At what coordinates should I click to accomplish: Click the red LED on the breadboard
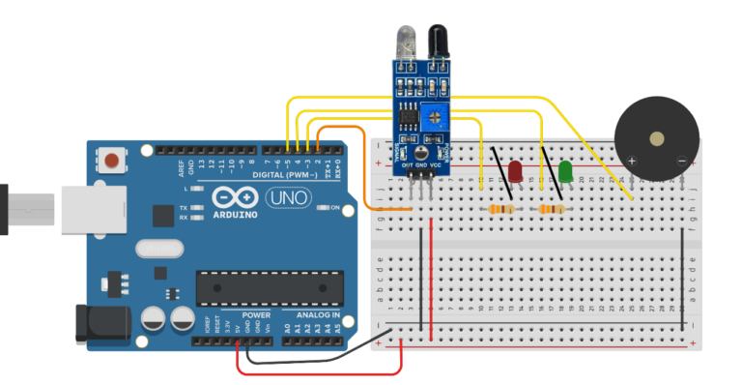point(516,172)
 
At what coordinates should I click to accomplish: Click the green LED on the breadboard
point(565,172)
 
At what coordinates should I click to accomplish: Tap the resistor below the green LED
point(553,209)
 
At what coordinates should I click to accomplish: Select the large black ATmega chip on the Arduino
point(270,286)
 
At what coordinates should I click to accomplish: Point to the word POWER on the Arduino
point(256,316)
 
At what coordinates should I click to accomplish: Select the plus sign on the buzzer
point(633,160)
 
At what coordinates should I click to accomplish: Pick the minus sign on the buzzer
point(681,160)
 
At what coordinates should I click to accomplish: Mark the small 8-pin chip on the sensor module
point(411,116)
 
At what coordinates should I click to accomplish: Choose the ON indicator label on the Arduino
point(335,208)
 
